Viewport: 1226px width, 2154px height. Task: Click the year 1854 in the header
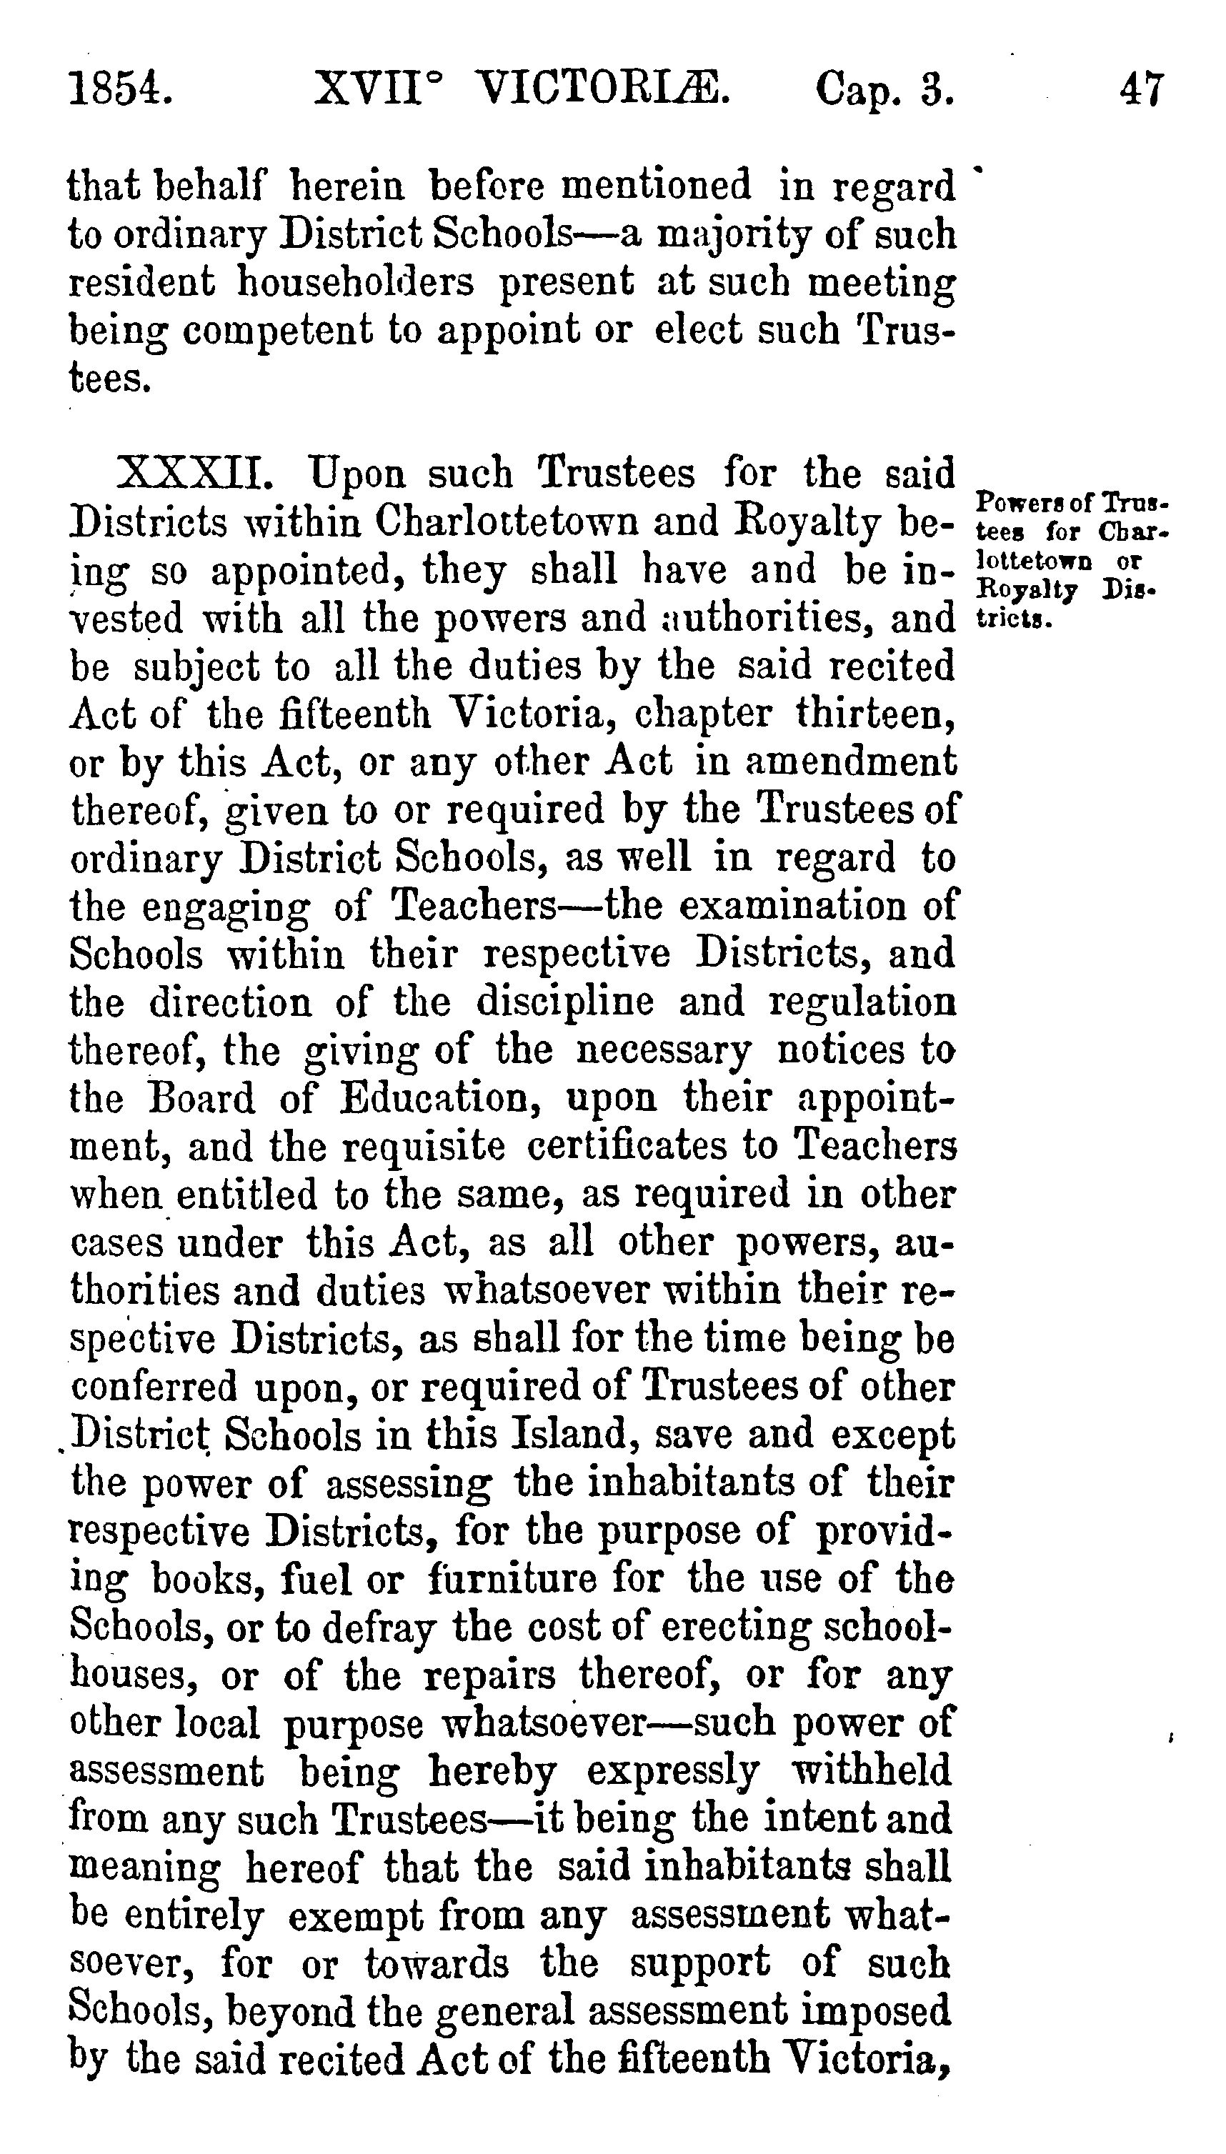tap(121, 89)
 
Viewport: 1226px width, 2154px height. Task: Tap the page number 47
tap(1142, 89)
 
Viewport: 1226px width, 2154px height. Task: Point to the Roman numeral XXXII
tap(195, 474)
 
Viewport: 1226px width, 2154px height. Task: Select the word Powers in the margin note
tap(1010, 504)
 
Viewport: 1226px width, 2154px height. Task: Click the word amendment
tap(850, 762)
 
